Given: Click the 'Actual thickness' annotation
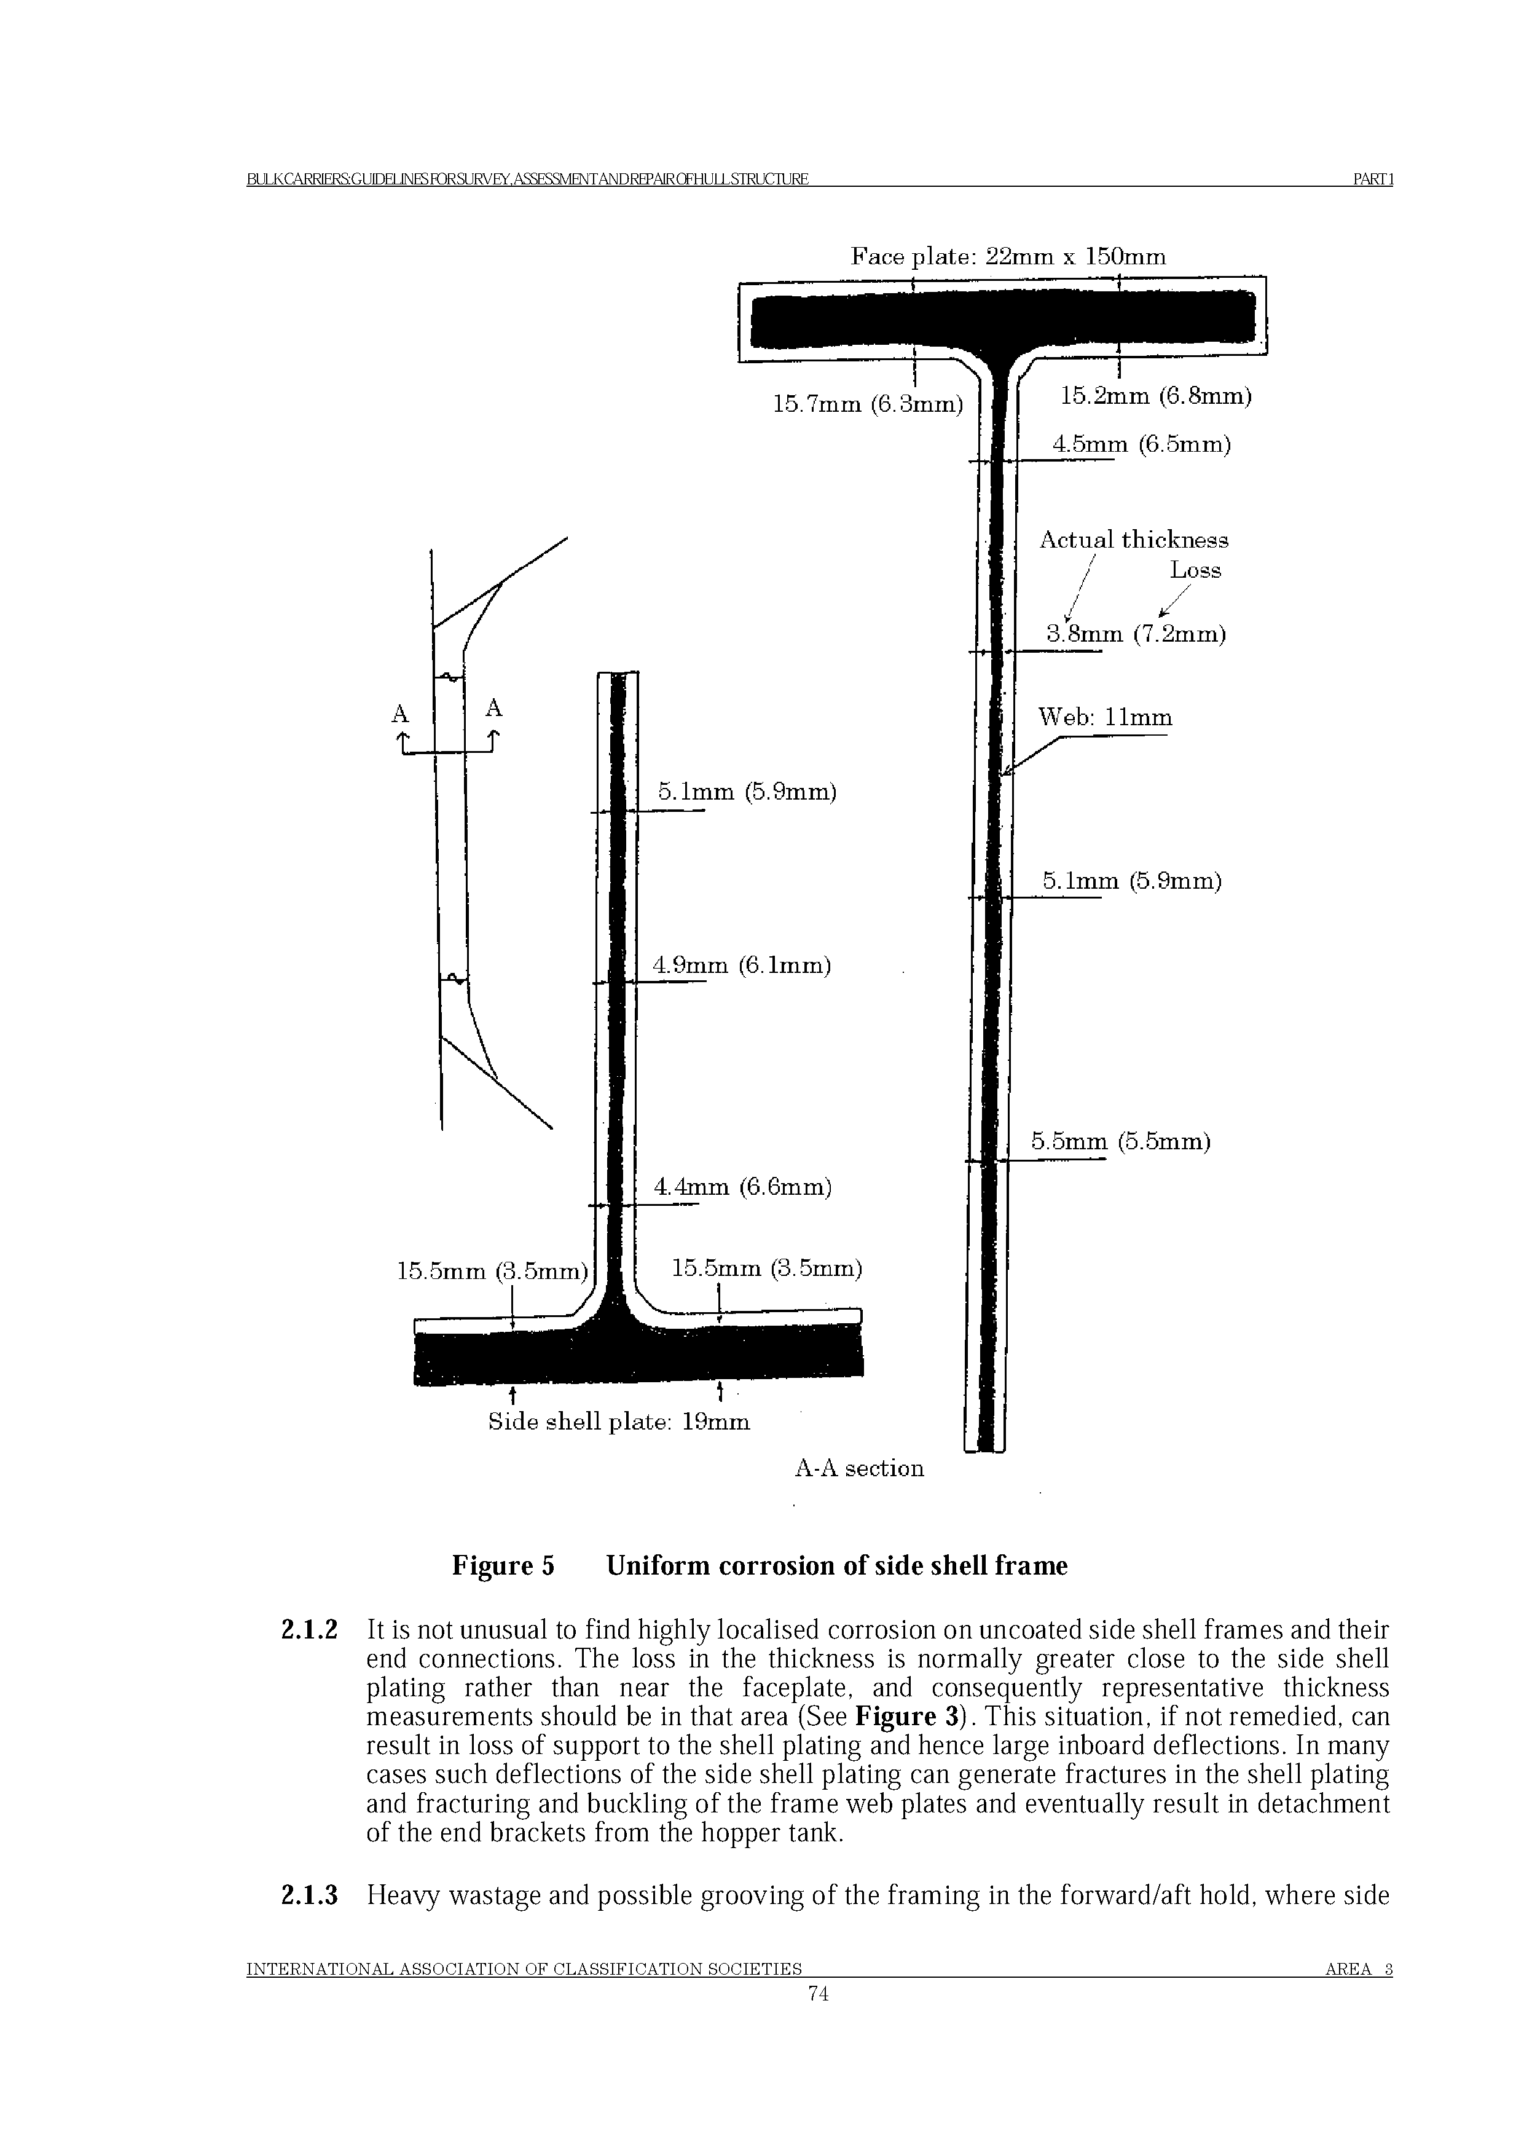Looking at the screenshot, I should (1133, 540).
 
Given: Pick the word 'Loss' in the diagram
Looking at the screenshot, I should (1195, 570).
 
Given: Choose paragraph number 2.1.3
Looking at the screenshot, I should (310, 1896).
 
